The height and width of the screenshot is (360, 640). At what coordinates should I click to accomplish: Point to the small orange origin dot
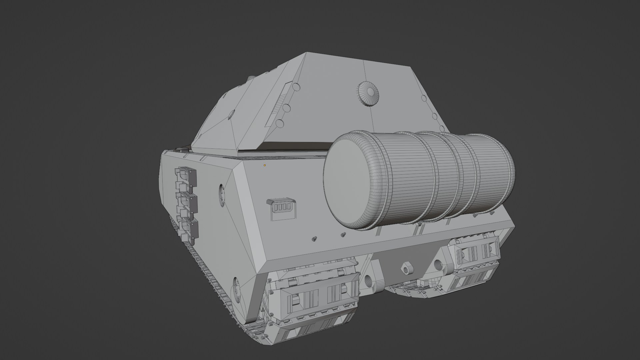point(265,165)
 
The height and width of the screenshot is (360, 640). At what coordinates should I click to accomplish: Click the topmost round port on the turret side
point(296,87)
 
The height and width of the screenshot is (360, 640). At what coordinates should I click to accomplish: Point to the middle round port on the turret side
point(285,108)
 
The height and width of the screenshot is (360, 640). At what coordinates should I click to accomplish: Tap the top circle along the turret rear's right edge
point(424,98)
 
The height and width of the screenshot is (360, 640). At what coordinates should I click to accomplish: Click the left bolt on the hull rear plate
point(314,239)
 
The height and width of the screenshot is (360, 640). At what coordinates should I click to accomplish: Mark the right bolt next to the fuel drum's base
point(343,234)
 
